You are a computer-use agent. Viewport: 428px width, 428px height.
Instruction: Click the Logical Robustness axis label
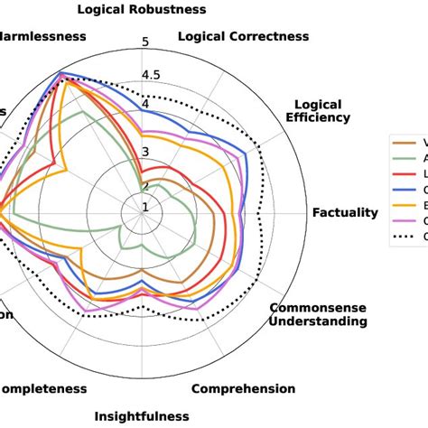click(142, 10)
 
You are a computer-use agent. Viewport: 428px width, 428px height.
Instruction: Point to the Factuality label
click(345, 213)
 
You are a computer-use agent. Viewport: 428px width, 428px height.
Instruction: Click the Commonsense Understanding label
click(318, 314)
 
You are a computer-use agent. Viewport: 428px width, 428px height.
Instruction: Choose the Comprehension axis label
click(243, 389)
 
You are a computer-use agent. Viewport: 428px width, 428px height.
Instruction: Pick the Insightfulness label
click(142, 416)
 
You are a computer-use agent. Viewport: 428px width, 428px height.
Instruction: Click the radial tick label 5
click(146, 42)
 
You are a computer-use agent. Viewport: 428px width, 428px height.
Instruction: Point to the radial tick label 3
click(146, 152)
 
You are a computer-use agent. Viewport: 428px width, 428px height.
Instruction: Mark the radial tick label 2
click(145, 187)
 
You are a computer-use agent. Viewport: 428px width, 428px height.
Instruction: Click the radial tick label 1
click(145, 208)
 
